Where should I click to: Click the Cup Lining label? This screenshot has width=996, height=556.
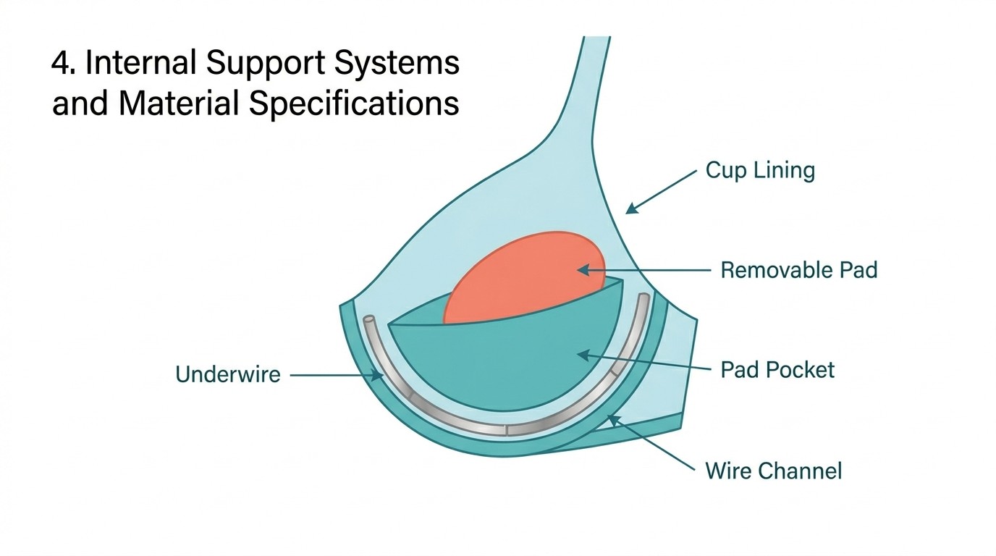[x=760, y=172]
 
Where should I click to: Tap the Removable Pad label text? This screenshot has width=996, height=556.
[x=798, y=270]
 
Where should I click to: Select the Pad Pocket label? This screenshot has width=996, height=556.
[x=777, y=370]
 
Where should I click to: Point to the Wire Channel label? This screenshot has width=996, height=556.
[x=773, y=471]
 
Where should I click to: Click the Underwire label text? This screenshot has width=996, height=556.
[x=227, y=374]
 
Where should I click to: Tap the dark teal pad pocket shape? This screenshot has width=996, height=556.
[x=507, y=362]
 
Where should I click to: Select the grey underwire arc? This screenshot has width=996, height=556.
[x=507, y=428]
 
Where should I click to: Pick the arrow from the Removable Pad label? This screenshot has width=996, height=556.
[x=644, y=270]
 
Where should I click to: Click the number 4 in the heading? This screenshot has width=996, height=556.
[x=60, y=64]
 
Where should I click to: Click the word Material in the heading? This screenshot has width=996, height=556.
[x=177, y=104]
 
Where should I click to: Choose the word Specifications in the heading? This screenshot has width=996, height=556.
[x=354, y=104]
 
